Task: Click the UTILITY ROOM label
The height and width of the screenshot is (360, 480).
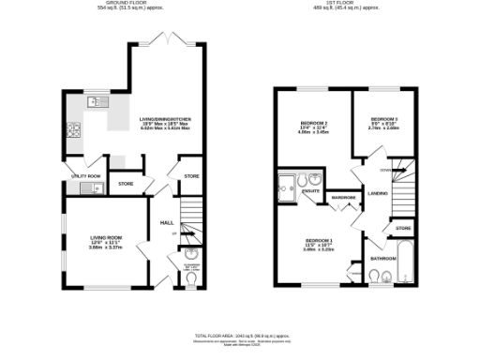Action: pos(85,175)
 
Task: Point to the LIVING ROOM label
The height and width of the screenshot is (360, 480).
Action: pos(105,238)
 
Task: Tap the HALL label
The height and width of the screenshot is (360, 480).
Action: pos(167,222)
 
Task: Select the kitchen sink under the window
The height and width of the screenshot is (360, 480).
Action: pos(97,102)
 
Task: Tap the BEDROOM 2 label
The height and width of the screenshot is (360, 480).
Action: pos(312,124)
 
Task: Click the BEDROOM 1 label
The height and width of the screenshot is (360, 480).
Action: pos(319,244)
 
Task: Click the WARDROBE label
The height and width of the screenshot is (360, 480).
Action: pos(342,198)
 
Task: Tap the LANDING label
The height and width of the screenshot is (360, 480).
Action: pos(378,194)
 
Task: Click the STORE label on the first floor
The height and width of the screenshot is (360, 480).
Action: pos(403,228)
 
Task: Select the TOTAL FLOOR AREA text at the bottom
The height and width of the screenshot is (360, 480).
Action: pos(240,335)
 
